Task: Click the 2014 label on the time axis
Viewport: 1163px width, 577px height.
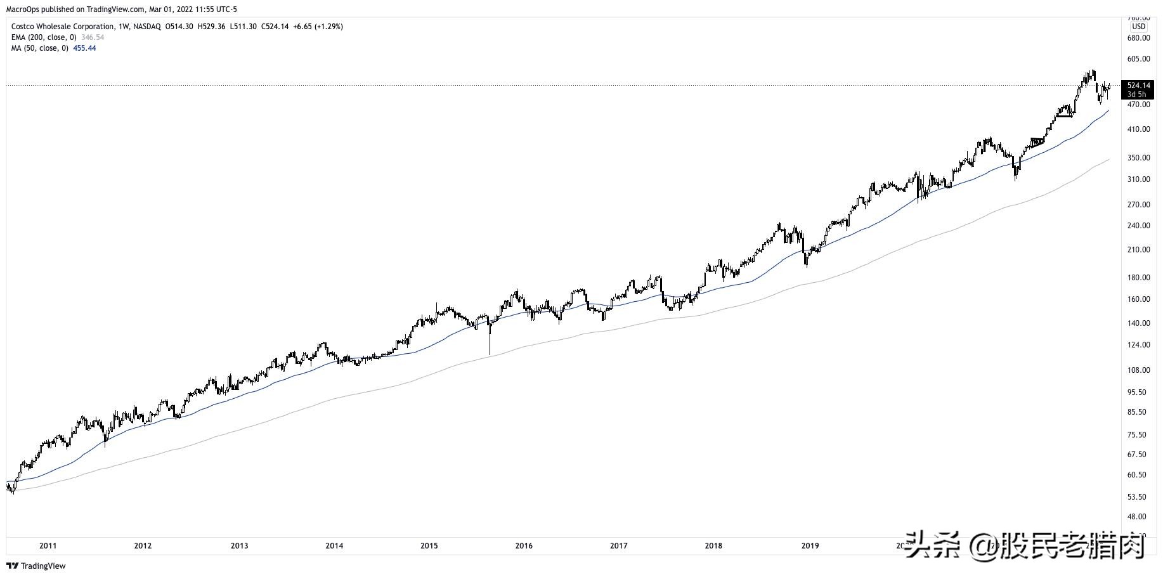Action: coord(334,546)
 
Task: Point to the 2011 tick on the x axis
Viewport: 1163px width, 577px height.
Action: coord(48,546)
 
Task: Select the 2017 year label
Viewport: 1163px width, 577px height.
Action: coord(619,546)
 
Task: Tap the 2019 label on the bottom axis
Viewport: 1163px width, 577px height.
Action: coord(810,546)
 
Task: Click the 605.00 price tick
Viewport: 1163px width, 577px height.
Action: coord(1139,59)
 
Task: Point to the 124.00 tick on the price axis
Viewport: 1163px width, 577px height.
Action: coord(1139,345)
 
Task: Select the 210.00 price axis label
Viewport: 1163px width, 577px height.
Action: coord(1139,250)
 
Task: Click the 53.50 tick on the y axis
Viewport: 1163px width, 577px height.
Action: coord(1139,497)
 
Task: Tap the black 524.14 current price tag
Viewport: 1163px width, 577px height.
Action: coord(1139,86)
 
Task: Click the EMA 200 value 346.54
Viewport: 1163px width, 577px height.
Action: coord(93,37)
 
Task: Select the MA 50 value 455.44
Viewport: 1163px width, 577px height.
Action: coord(85,48)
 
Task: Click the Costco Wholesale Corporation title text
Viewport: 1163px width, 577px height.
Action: coord(63,27)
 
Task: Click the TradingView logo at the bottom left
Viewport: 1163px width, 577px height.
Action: coord(36,566)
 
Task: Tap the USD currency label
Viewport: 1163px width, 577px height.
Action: coord(1139,27)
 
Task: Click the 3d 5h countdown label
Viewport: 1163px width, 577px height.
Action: coord(1137,94)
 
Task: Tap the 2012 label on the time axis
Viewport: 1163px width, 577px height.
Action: coord(143,546)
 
